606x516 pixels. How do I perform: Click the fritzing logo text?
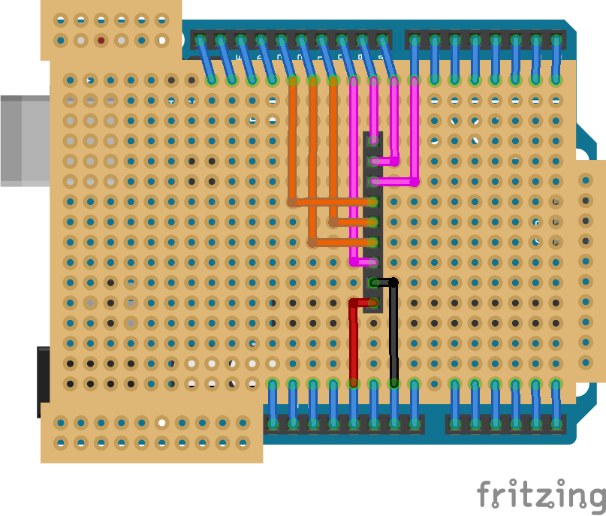tap(541, 496)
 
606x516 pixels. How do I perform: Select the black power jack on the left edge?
tap(43, 381)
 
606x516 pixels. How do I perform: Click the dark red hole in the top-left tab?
tap(101, 40)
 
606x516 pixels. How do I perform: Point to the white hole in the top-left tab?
tap(161, 40)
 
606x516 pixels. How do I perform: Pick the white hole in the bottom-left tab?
tap(161, 423)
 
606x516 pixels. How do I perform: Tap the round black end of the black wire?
tap(393, 282)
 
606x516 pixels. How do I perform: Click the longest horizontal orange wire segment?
tap(333, 202)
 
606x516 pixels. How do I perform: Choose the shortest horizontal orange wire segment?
tap(353, 222)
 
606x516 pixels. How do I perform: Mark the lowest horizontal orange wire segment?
tap(342, 242)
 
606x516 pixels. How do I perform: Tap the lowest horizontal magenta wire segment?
tap(363, 262)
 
